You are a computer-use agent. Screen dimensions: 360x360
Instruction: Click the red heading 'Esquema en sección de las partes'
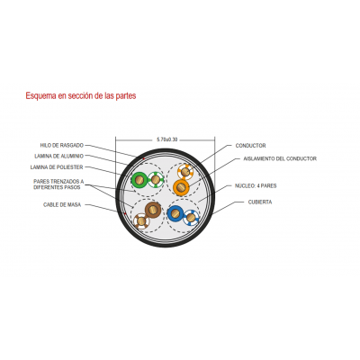coord(81,95)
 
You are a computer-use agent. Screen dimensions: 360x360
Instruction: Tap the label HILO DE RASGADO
coord(62,146)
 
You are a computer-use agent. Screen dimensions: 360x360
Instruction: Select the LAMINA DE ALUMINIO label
coord(58,157)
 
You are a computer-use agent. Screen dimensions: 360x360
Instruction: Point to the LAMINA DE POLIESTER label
coord(57,167)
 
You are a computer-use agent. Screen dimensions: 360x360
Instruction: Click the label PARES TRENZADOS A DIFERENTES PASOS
coord(58,184)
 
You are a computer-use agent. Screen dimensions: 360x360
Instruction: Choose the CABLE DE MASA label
coord(62,205)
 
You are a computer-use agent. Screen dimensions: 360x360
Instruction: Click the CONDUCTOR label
coord(250,146)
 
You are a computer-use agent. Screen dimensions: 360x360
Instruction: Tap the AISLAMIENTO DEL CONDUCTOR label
coord(280,158)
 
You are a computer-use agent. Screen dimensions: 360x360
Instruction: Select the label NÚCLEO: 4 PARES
coord(256,186)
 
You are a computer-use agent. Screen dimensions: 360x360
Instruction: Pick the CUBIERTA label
coord(260,202)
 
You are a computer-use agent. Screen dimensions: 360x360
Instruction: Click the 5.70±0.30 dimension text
coord(167,139)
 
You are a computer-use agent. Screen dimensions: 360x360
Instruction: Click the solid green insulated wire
coord(139,180)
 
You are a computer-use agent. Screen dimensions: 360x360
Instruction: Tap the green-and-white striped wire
coord(156,180)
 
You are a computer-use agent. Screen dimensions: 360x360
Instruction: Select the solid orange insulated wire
coord(181,187)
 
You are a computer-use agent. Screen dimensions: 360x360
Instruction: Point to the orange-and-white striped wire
coord(185,172)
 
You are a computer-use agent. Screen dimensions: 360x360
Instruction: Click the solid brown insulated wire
coord(153,210)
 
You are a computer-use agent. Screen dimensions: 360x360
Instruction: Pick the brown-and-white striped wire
coord(141,221)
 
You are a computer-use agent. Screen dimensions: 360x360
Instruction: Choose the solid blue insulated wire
coord(175,213)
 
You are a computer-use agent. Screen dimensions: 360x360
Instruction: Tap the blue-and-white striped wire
coord(192,217)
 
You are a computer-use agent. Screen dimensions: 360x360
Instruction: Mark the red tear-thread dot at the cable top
coord(144,158)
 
